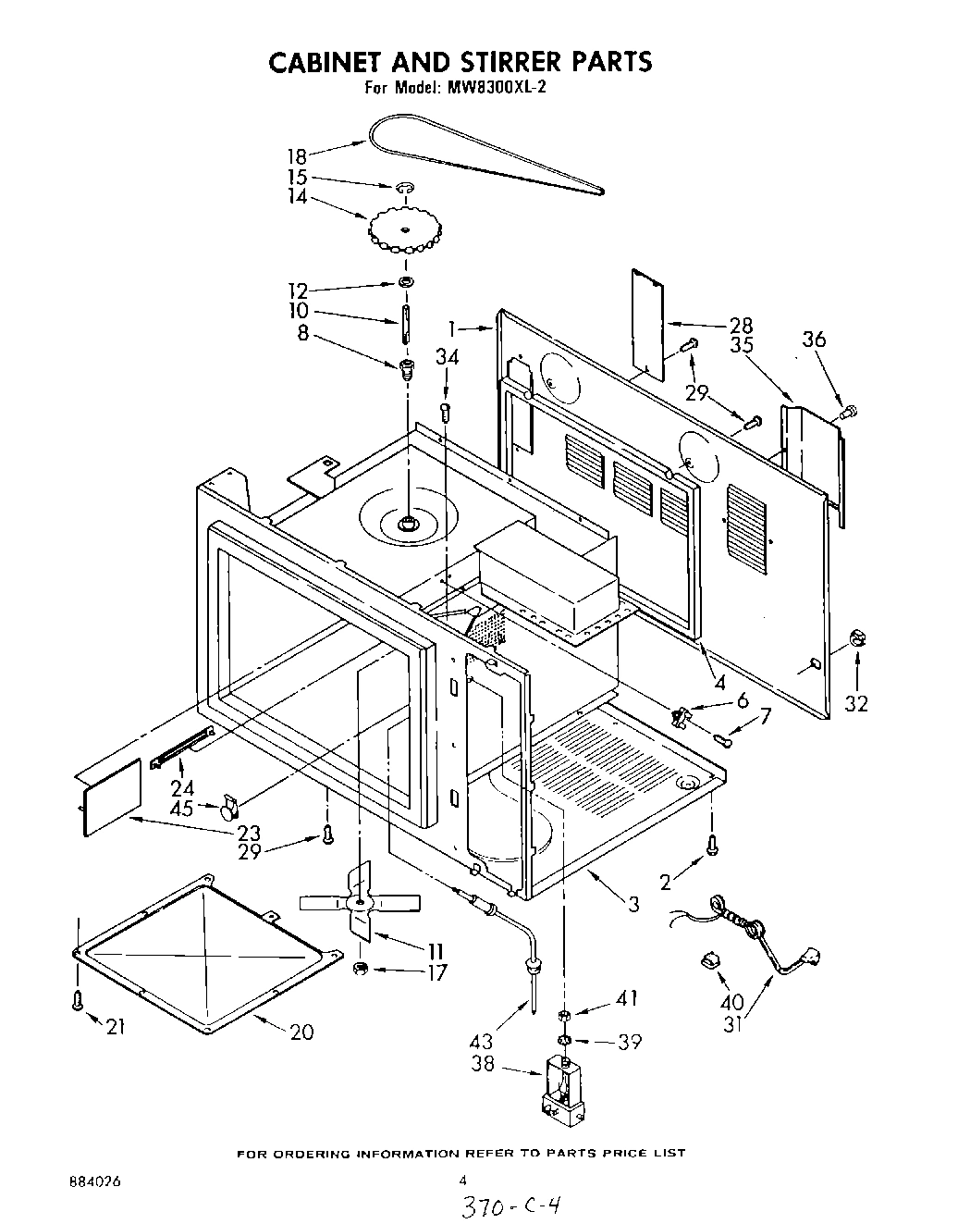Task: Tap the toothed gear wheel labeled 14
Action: click(405, 229)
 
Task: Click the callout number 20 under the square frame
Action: click(301, 1032)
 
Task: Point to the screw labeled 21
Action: click(78, 1000)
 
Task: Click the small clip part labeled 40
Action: click(710, 958)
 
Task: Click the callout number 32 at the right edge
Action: click(856, 703)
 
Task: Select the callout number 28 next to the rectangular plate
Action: click(741, 326)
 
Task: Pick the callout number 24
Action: click(183, 786)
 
